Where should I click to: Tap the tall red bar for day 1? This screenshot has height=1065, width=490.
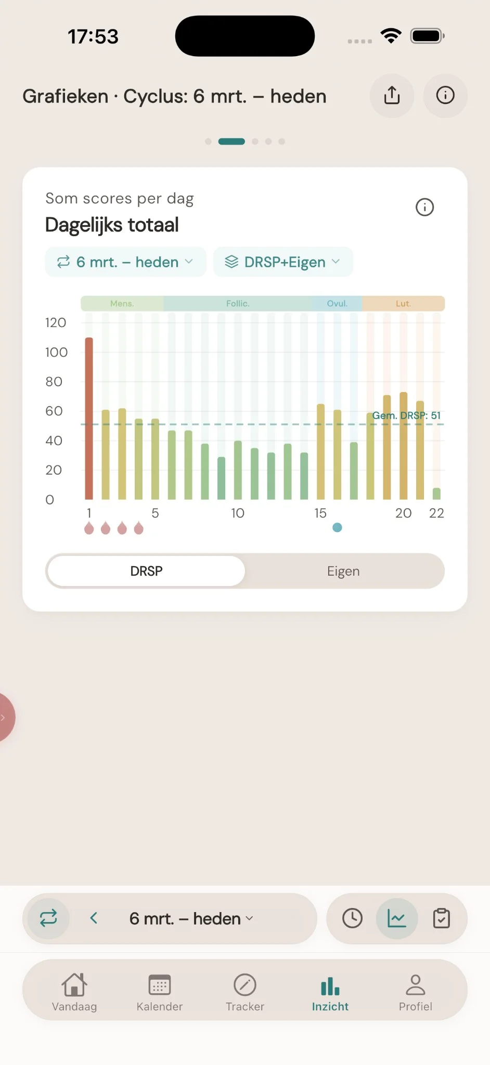(89, 419)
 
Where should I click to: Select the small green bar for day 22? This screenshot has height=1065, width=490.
(436, 493)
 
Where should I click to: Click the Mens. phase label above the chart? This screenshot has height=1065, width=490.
(122, 304)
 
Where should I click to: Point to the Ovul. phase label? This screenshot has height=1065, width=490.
(337, 304)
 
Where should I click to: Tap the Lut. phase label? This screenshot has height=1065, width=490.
(403, 304)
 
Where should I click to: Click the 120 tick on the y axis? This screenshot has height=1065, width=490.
(56, 323)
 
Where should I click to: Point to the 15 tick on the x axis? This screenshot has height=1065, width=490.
(320, 513)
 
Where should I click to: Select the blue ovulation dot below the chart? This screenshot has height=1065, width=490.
(337, 528)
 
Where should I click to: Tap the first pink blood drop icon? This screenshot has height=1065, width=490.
(89, 528)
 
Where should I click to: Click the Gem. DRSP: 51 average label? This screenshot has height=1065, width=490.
(406, 415)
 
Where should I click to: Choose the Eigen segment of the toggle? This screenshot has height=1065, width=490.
(343, 571)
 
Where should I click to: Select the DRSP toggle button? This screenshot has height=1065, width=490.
(146, 571)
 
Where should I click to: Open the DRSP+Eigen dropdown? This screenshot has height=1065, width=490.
(283, 262)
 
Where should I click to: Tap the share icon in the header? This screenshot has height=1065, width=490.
(392, 96)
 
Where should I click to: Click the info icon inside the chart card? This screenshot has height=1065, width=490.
(424, 207)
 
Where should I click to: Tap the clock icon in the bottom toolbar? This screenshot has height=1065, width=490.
(353, 918)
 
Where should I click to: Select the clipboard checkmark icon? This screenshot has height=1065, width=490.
(442, 918)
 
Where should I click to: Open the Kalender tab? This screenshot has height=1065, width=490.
(159, 992)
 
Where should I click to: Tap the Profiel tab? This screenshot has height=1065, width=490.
(415, 992)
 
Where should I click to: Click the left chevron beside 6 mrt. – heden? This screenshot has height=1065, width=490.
(94, 918)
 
